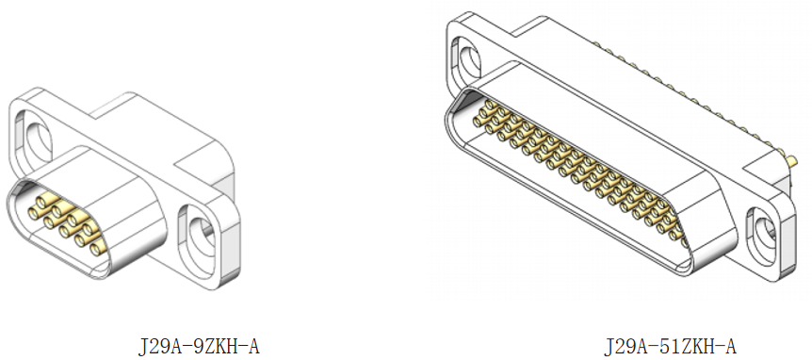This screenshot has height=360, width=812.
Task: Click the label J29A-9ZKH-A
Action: (199, 346)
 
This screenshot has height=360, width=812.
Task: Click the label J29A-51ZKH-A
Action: (670, 346)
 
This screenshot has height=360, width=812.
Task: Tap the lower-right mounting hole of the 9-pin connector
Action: (201, 238)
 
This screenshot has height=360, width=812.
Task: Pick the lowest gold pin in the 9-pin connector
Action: (95, 250)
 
